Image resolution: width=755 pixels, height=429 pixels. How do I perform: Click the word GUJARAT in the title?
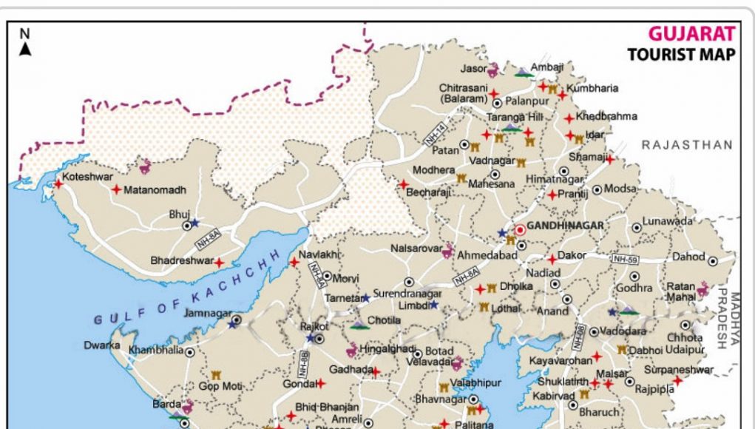[x=691, y=34]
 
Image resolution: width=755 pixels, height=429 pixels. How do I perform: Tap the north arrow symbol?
[x=25, y=49]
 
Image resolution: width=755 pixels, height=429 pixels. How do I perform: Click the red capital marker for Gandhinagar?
[x=520, y=229]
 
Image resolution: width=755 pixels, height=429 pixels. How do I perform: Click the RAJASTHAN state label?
[x=687, y=145]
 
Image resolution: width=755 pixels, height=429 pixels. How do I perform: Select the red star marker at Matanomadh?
[x=116, y=189]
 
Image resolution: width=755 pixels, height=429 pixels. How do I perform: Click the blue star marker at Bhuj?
[x=194, y=223]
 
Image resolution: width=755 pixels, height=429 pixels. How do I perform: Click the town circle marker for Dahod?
[x=713, y=261]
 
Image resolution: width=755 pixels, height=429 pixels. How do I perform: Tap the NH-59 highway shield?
[x=625, y=259]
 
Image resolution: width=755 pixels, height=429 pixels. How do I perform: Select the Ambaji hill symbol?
[x=523, y=72]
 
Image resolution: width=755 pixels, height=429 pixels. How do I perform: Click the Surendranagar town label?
[x=410, y=292]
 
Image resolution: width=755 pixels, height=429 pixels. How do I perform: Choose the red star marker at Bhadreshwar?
[x=219, y=262]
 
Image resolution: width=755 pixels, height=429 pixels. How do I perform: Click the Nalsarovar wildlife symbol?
[x=447, y=252]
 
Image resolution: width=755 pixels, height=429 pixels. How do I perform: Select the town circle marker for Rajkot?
[x=319, y=338]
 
